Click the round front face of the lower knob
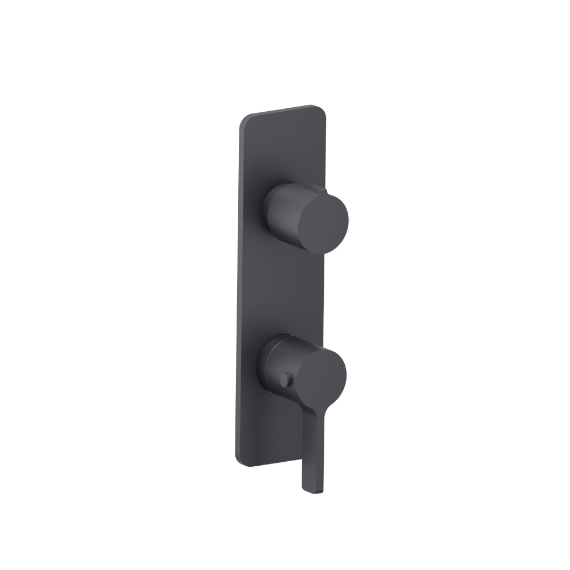click(321, 376)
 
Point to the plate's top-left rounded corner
click(243, 120)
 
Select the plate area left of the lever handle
click(268, 433)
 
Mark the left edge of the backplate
click(237, 285)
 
